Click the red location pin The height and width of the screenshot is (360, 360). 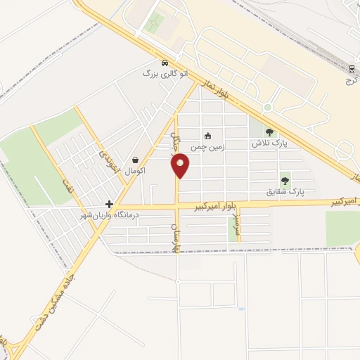pyautogui.click(x=181, y=166)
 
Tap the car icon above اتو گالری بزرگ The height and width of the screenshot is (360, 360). pyautogui.click(x=165, y=62)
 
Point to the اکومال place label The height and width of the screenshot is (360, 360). pyautogui.click(x=134, y=171)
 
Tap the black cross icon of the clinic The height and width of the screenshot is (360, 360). pyautogui.click(x=109, y=203)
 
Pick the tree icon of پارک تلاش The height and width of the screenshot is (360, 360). pyautogui.click(x=269, y=131)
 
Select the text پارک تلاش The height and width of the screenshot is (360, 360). pyautogui.click(x=270, y=143)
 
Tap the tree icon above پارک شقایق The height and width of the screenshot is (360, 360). pyautogui.click(x=285, y=181)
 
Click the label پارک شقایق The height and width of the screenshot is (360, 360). pyautogui.click(x=285, y=191)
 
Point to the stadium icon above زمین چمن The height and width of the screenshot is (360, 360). pyautogui.click(x=207, y=136)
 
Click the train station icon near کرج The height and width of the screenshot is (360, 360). pyautogui.click(x=351, y=68)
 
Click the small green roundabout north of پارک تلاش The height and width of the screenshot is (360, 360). pyautogui.click(x=267, y=107)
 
